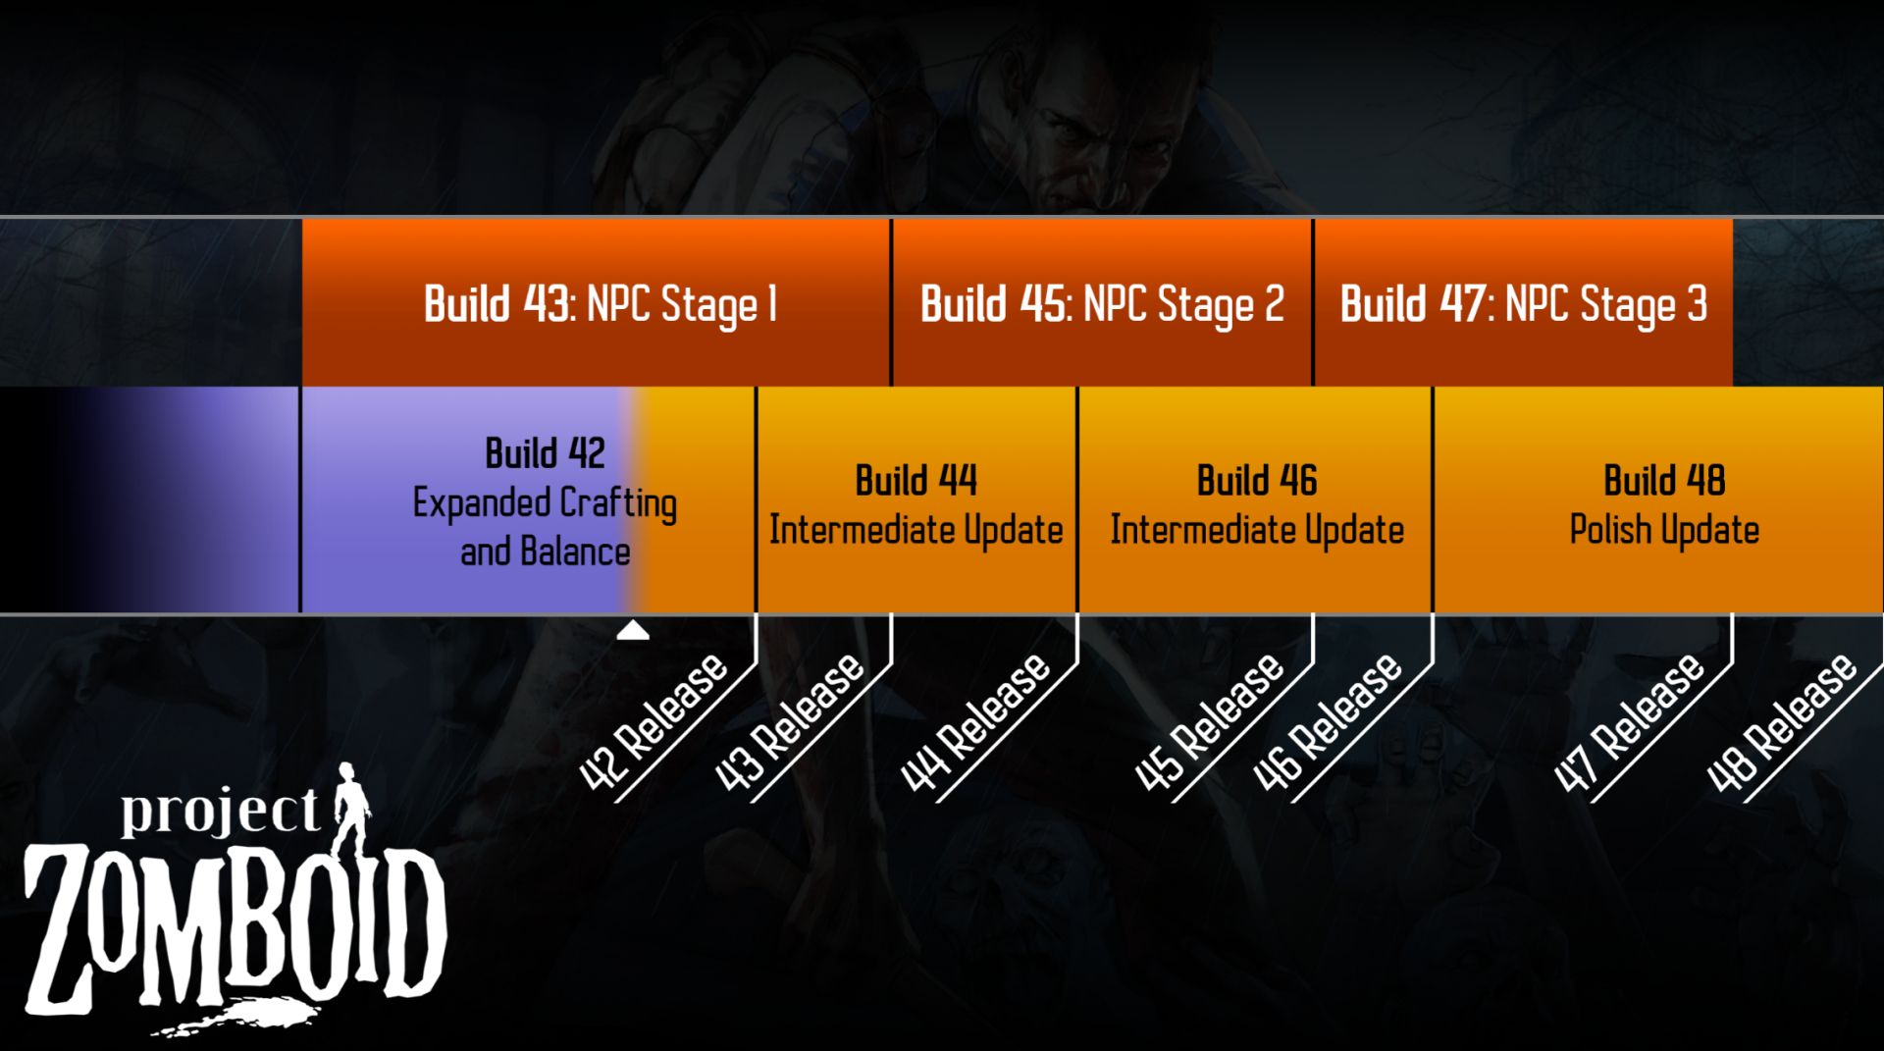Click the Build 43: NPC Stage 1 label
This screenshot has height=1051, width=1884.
tap(601, 303)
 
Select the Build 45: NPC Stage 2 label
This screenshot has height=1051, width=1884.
tap(1102, 303)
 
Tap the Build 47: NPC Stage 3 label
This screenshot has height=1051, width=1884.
tap(1524, 303)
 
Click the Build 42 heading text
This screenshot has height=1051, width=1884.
tap(545, 453)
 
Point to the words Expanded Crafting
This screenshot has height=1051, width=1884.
tap(545, 503)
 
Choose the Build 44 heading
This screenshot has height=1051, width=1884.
tap(916, 481)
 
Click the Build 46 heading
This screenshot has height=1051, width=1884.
tap(1257, 481)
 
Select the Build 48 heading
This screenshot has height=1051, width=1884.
tap(1664, 481)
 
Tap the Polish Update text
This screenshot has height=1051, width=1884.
tap(1664, 530)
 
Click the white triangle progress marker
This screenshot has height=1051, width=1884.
tap(633, 631)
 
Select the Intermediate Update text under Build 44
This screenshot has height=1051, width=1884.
tap(916, 530)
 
